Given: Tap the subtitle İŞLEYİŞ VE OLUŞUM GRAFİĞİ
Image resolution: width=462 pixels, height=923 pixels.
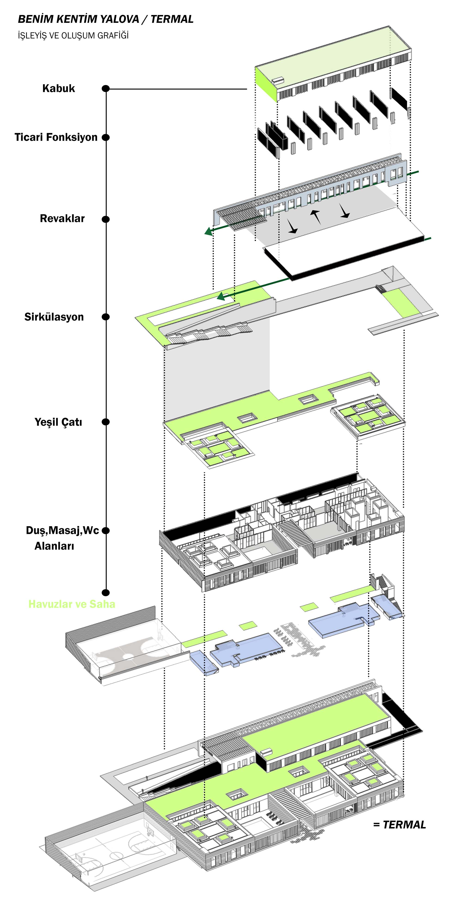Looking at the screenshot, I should [73, 36].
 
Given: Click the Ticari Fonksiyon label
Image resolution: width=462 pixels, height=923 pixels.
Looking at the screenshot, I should [56, 137].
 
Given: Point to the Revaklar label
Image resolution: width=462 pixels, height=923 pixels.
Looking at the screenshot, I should [62, 219].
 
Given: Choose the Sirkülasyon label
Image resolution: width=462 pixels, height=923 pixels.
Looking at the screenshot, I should [54, 317].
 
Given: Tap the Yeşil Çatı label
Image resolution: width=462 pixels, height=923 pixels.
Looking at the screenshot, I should [58, 422].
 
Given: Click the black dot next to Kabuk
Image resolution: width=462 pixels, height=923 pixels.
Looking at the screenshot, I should [106, 89].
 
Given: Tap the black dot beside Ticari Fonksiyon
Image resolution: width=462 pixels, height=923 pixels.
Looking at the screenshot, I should [106, 137].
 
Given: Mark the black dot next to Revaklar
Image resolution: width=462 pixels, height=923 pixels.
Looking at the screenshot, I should [106, 219].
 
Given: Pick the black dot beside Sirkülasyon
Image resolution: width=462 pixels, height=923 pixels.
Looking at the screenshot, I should [106, 317].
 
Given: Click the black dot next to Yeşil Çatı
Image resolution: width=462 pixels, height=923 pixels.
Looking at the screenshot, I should [106, 422].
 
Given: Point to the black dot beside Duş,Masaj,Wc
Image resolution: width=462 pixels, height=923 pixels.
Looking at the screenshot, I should [106, 531].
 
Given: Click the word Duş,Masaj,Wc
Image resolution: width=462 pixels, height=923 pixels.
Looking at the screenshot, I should [62, 530].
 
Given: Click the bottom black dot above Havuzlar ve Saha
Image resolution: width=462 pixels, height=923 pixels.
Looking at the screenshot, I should [106, 593].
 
